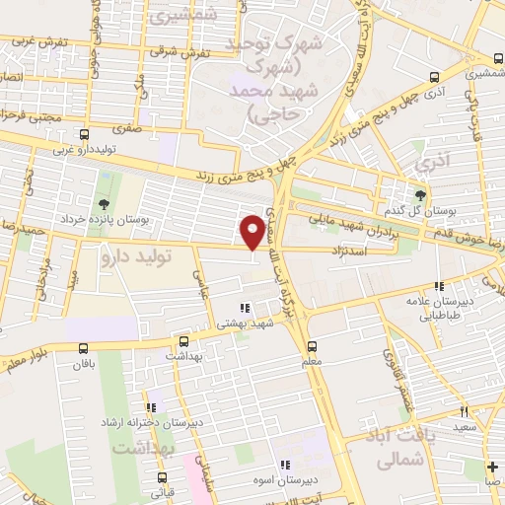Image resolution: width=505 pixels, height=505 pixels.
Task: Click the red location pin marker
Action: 253,231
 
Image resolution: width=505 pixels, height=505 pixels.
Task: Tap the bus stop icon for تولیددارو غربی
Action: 84,134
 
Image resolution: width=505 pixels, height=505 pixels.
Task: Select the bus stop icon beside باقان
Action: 84,347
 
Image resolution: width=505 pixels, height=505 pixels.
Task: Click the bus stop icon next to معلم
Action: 312,345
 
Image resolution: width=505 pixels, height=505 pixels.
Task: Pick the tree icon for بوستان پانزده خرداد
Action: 105,204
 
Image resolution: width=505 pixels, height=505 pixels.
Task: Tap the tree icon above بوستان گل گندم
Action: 421,194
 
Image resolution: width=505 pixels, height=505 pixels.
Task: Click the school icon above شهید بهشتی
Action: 245,309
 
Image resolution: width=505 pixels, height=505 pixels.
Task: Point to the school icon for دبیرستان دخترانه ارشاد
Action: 151,407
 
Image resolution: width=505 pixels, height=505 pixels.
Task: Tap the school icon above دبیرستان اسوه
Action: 285,465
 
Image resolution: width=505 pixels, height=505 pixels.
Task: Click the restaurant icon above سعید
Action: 463,412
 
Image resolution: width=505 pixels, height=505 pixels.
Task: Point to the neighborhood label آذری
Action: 432,158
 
